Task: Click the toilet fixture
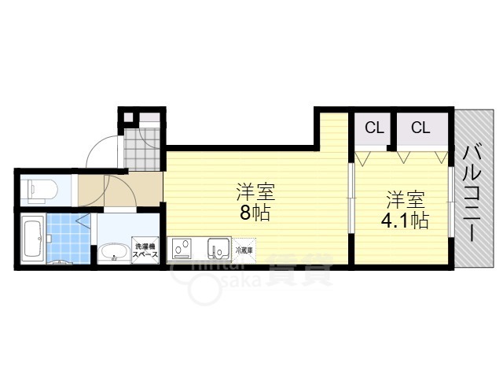tap(35, 190)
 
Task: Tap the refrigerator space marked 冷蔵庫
tap(244, 250)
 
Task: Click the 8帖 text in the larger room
tap(251, 212)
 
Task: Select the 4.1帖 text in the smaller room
tap(404, 220)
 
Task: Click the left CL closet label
tap(373, 127)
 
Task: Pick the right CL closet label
tap(420, 127)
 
